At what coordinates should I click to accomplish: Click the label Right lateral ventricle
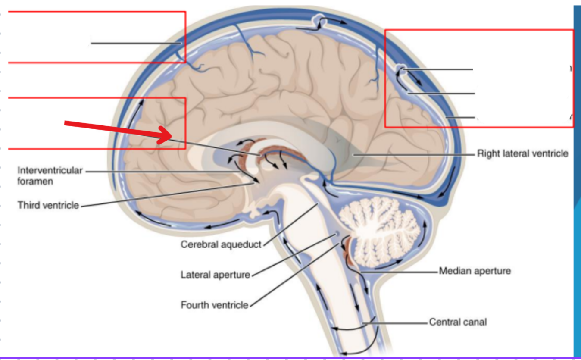(x=522, y=153)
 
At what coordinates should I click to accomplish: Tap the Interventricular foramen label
(x=50, y=175)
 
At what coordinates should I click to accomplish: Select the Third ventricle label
(x=48, y=205)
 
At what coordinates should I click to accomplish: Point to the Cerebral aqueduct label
(x=221, y=244)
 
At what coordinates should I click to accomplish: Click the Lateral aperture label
(x=215, y=275)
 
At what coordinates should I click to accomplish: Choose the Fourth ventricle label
(x=214, y=305)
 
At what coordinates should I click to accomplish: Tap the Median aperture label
(x=475, y=271)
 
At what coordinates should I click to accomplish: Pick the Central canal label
(x=458, y=322)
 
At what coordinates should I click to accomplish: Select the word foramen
(x=35, y=181)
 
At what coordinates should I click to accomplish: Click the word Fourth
(x=195, y=305)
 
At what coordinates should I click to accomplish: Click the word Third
(x=29, y=205)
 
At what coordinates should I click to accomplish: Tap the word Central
(x=444, y=322)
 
